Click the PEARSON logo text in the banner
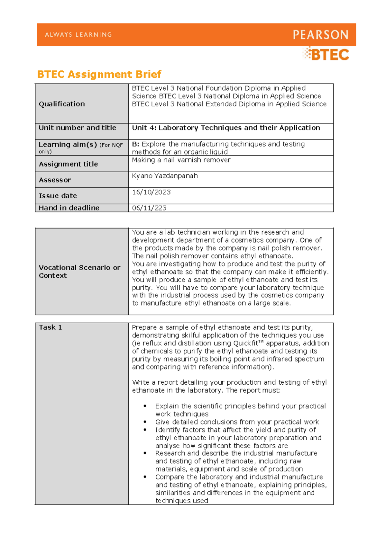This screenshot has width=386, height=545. click(x=320, y=35)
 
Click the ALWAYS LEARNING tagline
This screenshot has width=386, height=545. click(x=78, y=35)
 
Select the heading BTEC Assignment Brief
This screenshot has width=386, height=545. click(x=99, y=74)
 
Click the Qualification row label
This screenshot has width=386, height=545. click(x=62, y=104)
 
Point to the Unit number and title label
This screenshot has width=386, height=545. click(x=77, y=128)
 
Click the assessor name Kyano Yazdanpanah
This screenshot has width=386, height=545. click(x=165, y=176)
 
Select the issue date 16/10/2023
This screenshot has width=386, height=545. click(x=151, y=192)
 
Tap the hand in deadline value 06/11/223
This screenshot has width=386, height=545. click(x=149, y=208)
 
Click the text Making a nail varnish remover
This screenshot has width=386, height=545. click(x=181, y=160)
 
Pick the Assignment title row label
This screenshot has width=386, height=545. click(x=68, y=164)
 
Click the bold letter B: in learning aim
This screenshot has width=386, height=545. click(x=135, y=144)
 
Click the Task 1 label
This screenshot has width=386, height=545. click(x=50, y=327)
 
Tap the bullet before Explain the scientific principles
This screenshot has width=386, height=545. click(x=145, y=406)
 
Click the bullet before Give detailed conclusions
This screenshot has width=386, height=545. click(x=145, y=422)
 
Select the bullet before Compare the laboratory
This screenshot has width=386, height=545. click(x=145, y=477)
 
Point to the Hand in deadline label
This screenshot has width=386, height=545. click(x=69, y=208)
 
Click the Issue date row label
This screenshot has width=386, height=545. click(x=58, y=196)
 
